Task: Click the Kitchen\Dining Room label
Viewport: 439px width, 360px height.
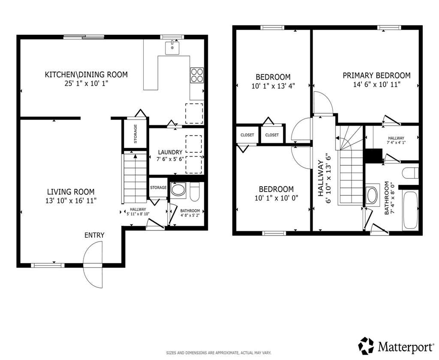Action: [86, 75]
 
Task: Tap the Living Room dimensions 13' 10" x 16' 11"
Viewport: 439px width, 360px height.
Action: [71, 200]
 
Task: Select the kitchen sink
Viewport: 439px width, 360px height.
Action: [172, 48]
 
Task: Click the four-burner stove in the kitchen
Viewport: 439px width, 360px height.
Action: [197, 76]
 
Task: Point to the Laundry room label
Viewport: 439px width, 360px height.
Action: [170, 152]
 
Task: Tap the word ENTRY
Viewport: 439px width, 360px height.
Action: [94, 235]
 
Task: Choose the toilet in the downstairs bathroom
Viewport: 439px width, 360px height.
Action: [195, 192]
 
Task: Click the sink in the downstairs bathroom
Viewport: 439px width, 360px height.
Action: [178, 190]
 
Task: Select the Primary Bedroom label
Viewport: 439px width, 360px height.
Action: [376, 76]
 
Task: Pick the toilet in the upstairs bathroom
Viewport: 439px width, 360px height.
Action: [410, 173]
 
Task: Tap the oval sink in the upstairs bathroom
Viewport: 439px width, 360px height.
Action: [373, 195]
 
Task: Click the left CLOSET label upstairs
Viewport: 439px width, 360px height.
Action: [247, 135]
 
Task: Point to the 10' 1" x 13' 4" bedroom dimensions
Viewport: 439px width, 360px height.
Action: [273, 86]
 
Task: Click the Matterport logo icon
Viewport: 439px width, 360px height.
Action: [367, 345]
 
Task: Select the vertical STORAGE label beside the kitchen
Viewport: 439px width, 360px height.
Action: [135, 133]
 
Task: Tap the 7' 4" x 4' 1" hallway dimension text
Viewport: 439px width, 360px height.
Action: [396, 142]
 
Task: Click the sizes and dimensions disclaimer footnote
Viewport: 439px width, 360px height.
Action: [219, 353]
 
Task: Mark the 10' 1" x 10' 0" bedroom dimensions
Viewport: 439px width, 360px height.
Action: [277, 198]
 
